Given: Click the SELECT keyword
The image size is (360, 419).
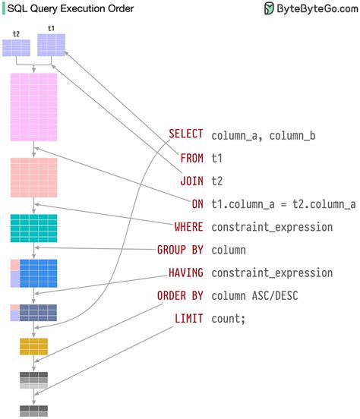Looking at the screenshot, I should point(185,135).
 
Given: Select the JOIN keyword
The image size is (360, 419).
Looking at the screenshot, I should point(191,181).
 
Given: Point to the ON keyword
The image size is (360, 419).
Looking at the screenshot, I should point(197,203).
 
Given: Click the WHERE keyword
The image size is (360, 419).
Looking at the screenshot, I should point(188,226).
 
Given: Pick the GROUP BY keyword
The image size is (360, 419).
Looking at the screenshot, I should point(180,249).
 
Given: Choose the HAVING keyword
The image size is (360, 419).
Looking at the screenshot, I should point(185,272).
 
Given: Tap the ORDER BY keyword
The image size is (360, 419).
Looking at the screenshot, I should point(180,295).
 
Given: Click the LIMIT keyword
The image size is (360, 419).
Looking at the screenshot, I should point(188,318).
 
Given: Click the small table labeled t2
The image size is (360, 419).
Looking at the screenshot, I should point(17,47).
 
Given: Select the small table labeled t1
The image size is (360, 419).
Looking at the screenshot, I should point(52,45).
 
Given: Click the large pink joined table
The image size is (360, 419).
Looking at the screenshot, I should point(33,107).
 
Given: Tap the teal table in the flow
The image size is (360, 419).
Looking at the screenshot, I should point(33,228).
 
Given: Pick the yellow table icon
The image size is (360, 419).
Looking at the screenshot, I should point(33,346).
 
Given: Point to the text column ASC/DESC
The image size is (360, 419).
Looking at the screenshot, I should point(255,295).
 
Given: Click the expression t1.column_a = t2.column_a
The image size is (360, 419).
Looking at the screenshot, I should point(283,203).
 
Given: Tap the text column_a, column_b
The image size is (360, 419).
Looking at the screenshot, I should point(264,135).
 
